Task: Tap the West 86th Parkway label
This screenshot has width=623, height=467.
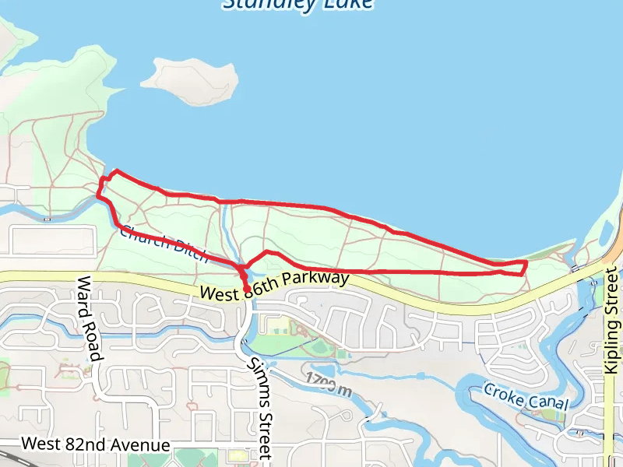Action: [x=274, y=286]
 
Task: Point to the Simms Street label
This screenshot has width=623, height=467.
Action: [x=259, y=406]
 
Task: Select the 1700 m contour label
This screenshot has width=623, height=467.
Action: [x=329, y=384]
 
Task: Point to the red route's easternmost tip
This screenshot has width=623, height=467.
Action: [x=526, y=264]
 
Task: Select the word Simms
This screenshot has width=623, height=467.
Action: [x=254, y=377]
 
